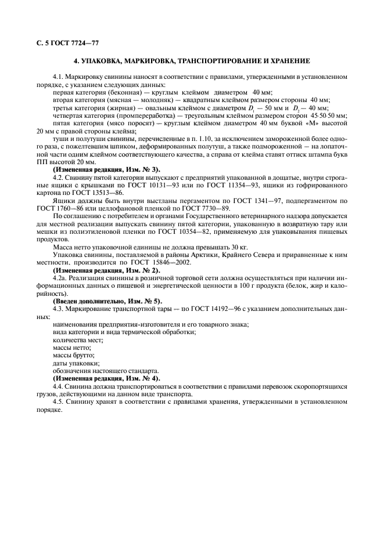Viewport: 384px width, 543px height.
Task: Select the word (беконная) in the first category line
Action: [121, 92]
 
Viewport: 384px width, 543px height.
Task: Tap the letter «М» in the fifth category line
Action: [313, 123]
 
